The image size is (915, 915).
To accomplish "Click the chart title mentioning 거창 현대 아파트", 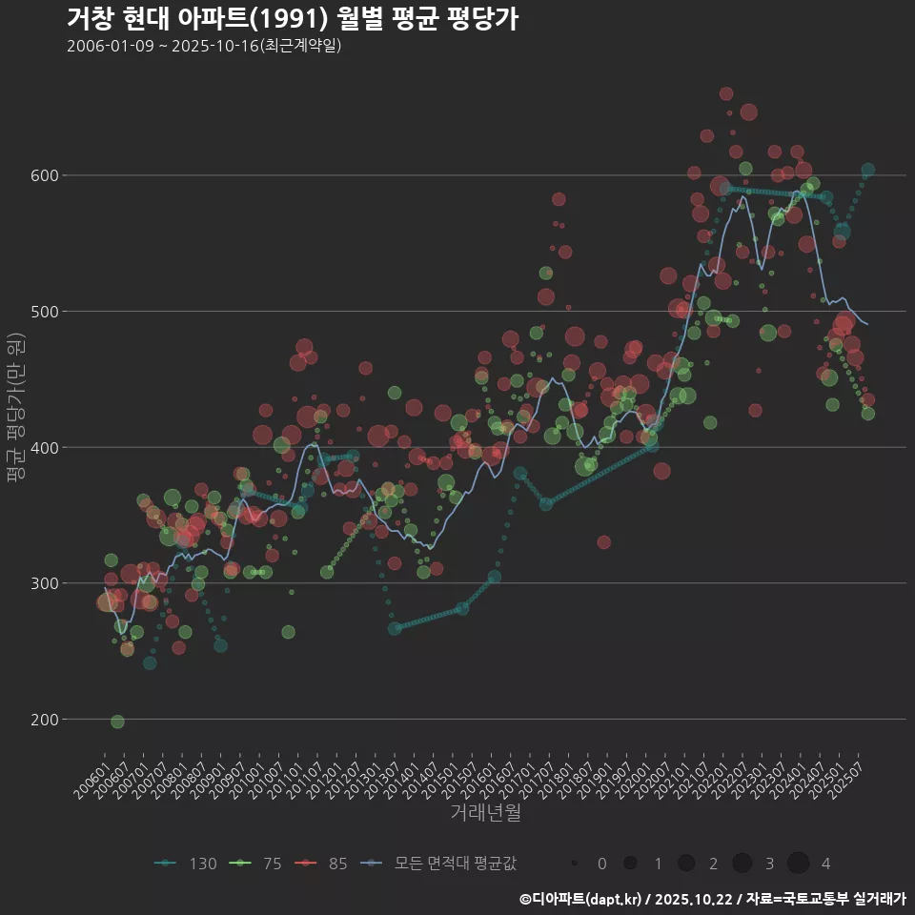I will click(x=293, y=18).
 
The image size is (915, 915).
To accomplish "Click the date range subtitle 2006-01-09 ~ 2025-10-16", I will click(x=204, y=46).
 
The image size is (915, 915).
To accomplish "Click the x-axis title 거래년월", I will click(x=485, y=813).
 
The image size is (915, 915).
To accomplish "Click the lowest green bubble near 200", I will click(x=117, y=722).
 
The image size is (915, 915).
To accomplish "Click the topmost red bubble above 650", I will click(x=726, y=93).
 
